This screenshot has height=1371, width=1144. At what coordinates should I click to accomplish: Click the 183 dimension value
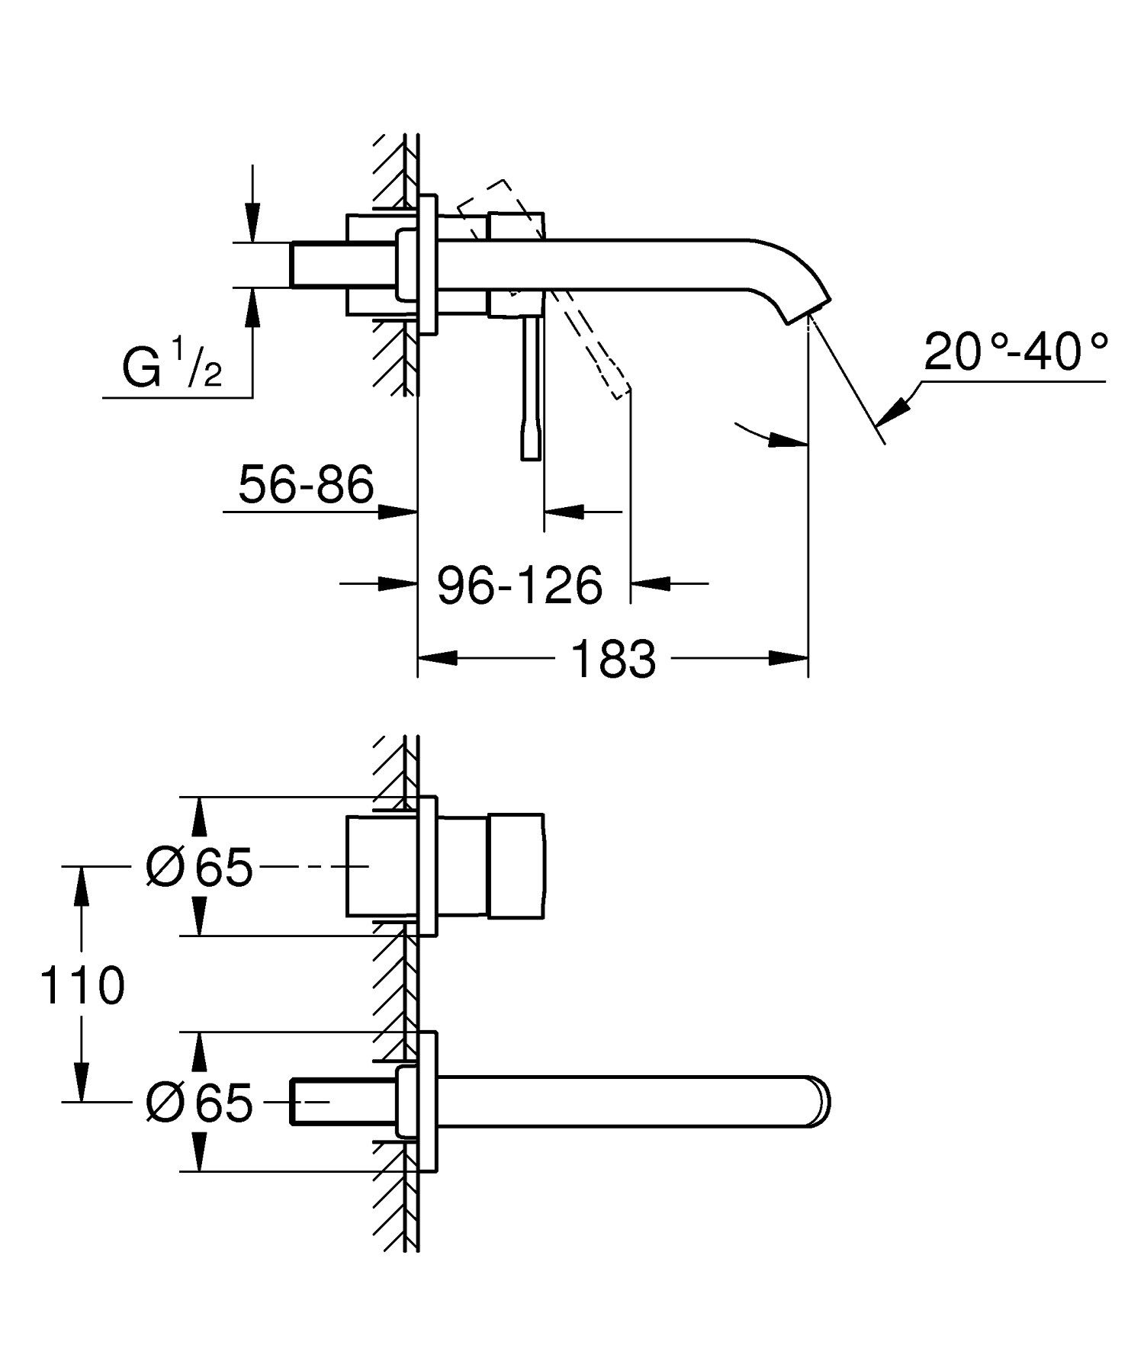pos(612,660)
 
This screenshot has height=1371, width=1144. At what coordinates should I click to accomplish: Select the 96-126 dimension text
pos(520,586)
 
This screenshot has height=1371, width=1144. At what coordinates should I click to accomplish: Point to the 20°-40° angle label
pos(1015,353)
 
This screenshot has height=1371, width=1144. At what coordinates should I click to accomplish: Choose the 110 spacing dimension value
pos(82,985)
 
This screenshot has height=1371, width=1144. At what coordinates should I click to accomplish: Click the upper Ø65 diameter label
pos(199,867)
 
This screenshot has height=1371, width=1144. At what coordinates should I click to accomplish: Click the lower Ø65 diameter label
pos(199,1102)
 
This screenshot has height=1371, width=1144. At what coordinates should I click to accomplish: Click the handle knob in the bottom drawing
pos(516,865)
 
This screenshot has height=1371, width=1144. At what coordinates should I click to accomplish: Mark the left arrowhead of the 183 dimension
pos(438,658)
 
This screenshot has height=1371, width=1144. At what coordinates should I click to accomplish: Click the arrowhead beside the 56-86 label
pos(397,511)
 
